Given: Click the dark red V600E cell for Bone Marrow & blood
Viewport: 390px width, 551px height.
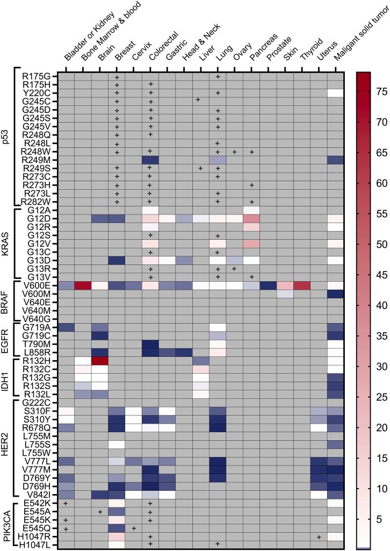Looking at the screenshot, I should tap(83, 285).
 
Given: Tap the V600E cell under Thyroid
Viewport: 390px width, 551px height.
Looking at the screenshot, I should tap(301, 285).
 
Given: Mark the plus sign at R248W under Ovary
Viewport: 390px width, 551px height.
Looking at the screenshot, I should tap(234, 152).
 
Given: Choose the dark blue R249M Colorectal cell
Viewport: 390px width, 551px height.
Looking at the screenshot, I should tap(150, 160).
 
